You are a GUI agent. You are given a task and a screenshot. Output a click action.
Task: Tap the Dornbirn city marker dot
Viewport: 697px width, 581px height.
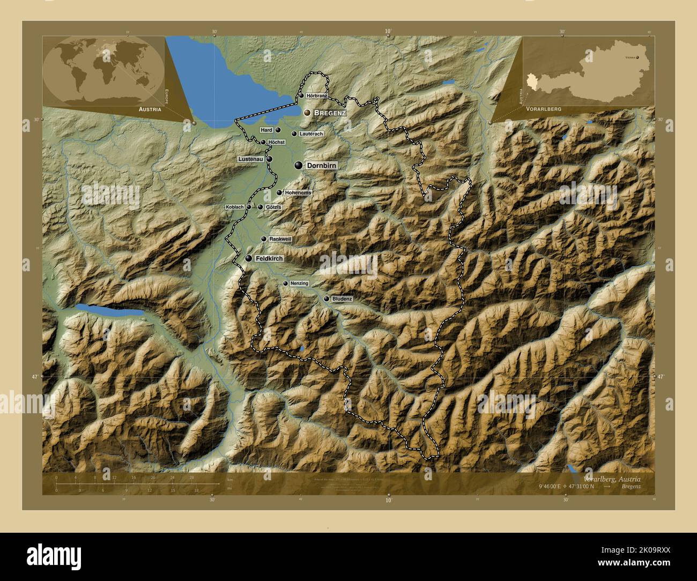pyautogui.click(x=298, y=166)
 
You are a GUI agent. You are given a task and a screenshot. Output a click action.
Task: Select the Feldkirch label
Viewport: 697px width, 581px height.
pyautogui.click(x=269, y=258)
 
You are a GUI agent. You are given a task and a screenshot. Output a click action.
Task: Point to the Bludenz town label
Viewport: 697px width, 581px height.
pyautogui.click(x=342, y=299)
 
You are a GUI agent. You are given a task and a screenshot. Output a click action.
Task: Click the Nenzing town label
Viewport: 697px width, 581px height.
pyautogui.click(x=299, y=283)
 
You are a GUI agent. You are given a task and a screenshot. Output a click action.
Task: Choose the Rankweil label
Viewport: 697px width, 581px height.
pyautogui.click(x=280, y=239)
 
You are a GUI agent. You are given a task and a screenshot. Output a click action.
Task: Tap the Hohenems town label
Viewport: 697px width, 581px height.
pyautogui.click(x=298, y=192)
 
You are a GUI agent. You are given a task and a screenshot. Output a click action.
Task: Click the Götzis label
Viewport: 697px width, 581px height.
pyautogui.click(x=273, y=207)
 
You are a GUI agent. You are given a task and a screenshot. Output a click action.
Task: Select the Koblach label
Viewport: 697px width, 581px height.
pyautogui.click(x=235, y=207)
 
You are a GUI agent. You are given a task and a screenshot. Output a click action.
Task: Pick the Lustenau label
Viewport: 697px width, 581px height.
pyautogui.click(x=251, y=159)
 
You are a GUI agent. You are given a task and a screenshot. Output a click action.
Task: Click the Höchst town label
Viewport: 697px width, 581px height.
pyautogui.click(x=276, y=142)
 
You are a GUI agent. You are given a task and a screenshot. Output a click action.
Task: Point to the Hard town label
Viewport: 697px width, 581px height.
pyautogui.click(x=266, y=130)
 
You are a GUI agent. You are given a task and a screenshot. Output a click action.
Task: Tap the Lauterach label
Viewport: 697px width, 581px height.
pyautogui.click(x=312, y=133)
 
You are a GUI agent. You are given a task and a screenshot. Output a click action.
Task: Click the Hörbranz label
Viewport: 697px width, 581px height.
pyautogui.click(x=317, y=95)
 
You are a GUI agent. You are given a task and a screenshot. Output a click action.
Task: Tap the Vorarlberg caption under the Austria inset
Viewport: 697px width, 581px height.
pyautogui.click(x=544, y=108)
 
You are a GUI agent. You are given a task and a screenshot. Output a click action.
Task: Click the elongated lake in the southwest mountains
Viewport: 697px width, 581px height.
pyautogui.click(x=109, y=311)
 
